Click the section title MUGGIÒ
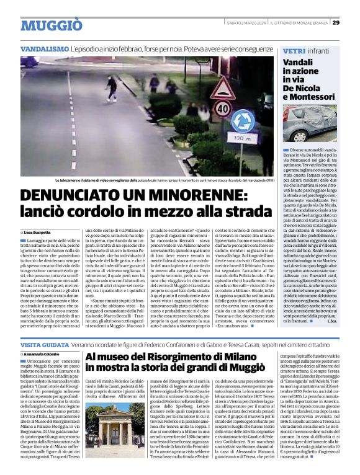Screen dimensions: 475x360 click(x=51, y=25)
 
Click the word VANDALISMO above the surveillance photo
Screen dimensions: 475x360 click(x=44, y=48)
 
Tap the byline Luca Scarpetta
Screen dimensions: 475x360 click(x=37, y=231)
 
